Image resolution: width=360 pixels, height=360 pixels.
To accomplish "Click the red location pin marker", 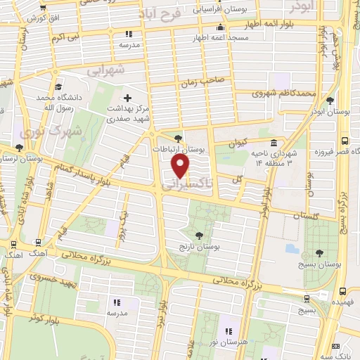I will coord(181,166).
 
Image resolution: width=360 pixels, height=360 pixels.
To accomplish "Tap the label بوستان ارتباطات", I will coord(182,149).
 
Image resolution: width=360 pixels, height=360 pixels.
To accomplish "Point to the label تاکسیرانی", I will coord(181,185).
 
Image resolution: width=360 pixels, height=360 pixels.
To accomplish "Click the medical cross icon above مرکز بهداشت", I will coord(127,98).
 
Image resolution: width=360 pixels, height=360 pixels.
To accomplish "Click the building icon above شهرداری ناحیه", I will coord(274,143).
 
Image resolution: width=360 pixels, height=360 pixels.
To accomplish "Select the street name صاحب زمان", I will coord(204,82).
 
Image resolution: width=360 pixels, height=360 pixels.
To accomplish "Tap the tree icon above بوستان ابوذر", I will coord(330,99).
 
